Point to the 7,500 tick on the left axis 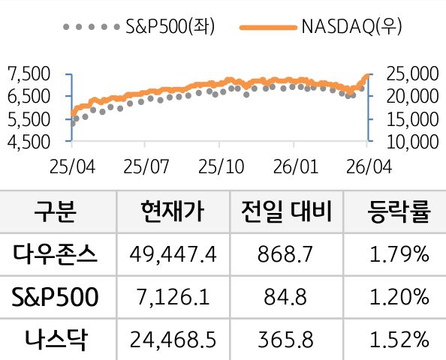click(x=27, y=73)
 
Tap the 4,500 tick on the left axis click(x=27, y=140)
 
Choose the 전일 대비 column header click(x=285, y=212)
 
